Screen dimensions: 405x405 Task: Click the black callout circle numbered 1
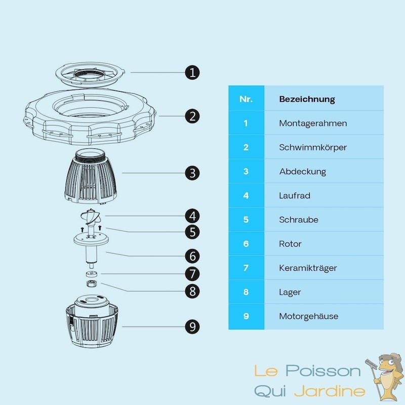pyautogui.click(x=192, y=72)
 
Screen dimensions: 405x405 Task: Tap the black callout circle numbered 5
pyautogui.click(x=192, y=232)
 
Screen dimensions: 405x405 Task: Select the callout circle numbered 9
pyautogui.click(x=192, y=327)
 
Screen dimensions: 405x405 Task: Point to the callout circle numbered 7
pyautogui.click(x=192, y=274)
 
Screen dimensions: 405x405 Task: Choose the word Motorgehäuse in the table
pyautogui.click(x=308, y=316)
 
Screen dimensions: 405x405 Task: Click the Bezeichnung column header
pyautogui.click(x=307, y=99)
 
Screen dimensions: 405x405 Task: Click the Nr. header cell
pyautogui.click(x=246, y=99)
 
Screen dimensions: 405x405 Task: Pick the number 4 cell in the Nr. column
pyautogui.click(x=246, y=195)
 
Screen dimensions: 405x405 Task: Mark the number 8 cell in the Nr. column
pyautogui.click(x=246, y=292)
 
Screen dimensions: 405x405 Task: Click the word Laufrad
pyautogui.click(x=295, y=195)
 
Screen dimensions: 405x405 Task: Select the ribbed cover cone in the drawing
pyautogui.click(x=91, y=177)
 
